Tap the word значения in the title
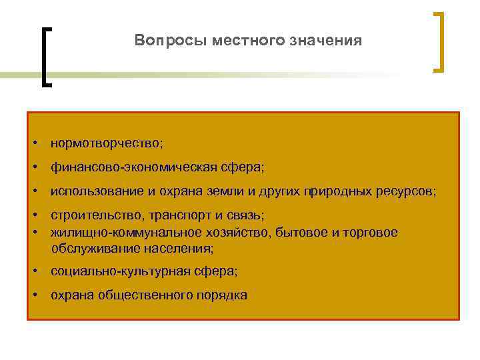pos(326,41)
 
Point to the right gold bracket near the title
pos(439,41)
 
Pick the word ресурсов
pos(408,191)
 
